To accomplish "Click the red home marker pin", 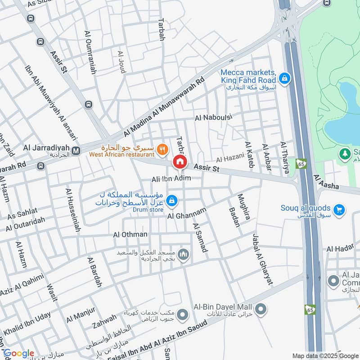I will click(x=180, y=162).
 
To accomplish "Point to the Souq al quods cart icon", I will click(x=339, y=209).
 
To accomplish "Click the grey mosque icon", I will click(x=183, y=255).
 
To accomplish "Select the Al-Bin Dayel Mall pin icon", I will click(x=261, y=309).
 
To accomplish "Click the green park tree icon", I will click(x=345, y=153).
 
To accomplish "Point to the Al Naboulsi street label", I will click(x=213, y=118).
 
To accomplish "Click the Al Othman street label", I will click(x=130, y=234).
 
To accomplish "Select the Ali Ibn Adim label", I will click(x=171, y=179).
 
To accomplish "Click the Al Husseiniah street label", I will click(x=73, y=210).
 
